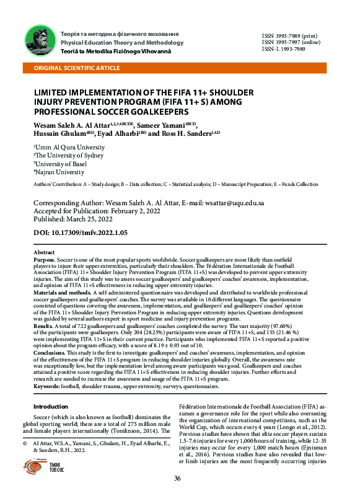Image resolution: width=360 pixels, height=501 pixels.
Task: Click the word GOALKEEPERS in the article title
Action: coord(172,112)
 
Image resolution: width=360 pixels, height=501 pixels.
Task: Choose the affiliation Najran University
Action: coord(56,172)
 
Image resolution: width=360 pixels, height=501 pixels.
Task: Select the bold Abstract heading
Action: coord(43,253)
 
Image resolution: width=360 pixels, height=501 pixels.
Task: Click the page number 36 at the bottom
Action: coord(177,477)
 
